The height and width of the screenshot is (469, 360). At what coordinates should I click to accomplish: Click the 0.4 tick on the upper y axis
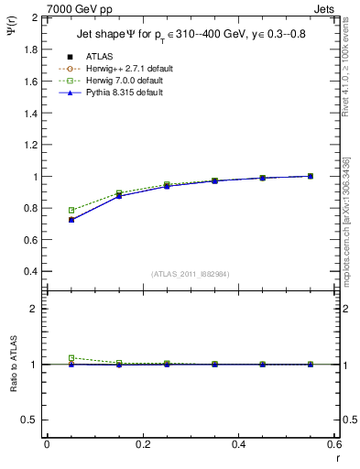(x=30, y=272)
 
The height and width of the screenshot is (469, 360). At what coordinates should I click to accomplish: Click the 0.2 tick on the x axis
(x=143, y=444)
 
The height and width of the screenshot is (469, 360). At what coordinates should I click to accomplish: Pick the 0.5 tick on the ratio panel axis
(x=30, y=420)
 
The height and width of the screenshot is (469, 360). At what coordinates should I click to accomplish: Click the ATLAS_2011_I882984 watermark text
(x=191, y=274)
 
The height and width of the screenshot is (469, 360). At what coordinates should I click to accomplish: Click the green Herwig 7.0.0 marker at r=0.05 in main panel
(x=71, y=210)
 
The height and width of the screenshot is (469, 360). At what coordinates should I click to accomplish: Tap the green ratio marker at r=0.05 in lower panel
(x=71, y=358)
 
